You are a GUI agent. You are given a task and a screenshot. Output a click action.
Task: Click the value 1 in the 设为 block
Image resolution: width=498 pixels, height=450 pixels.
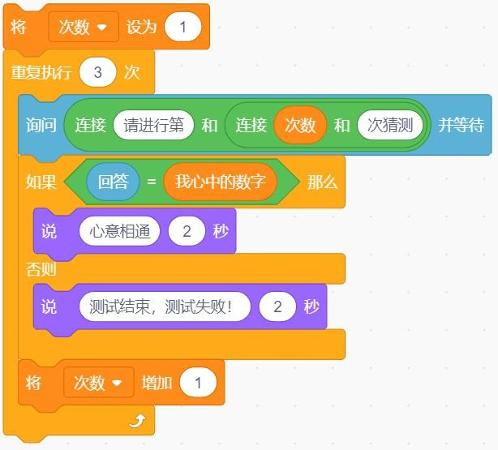(x=183, y=27)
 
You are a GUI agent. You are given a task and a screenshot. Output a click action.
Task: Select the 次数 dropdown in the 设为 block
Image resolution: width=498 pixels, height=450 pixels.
(x=84, y=27)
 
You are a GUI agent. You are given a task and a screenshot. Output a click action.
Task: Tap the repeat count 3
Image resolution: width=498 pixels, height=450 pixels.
(x=98, y=72)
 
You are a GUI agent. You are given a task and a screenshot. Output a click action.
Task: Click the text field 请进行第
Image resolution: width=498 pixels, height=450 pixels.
(x=154, y=125)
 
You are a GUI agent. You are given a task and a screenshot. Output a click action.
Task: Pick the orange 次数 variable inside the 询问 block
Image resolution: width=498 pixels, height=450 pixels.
(x=300, y=125)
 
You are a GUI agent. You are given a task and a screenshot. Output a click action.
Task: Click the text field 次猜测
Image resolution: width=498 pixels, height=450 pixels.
(x=390, y=125)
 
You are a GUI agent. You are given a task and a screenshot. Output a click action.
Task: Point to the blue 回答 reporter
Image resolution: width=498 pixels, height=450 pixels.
(x=113, y=182)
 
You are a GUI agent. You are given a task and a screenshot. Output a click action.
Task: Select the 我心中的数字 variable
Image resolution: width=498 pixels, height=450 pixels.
(x=221, y=182)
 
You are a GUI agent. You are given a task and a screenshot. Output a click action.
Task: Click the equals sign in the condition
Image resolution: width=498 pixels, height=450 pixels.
(x=152, y=182)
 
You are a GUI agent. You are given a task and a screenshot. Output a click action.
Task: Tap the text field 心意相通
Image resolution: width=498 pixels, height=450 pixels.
(x=120, y=231)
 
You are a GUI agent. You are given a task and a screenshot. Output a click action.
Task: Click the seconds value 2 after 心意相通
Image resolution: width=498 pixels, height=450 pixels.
(x=187, y=231)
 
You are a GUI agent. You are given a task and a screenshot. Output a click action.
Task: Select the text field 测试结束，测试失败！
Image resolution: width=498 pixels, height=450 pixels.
(x=165, y=306)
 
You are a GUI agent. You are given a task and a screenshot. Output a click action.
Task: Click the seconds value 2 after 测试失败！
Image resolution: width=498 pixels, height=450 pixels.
(x=277, y=306)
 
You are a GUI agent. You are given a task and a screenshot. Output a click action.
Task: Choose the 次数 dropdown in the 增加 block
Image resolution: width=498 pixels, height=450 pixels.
(x=99, y=382)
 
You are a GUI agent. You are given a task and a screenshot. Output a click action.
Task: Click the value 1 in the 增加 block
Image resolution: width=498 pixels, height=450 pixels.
(x=198, y=382)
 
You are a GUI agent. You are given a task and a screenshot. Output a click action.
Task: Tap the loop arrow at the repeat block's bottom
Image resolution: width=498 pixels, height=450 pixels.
(x=138, y=421)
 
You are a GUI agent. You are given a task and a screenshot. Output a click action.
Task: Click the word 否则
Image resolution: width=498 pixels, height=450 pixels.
(x=41, y=269)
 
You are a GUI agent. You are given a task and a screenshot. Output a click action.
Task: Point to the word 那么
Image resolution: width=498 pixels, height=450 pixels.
(x=322, y=182)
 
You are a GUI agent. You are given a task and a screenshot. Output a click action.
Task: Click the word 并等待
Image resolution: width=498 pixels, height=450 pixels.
(x=462, y=125)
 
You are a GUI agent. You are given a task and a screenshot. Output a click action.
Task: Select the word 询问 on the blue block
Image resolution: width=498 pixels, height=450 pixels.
(x=41, y=125)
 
